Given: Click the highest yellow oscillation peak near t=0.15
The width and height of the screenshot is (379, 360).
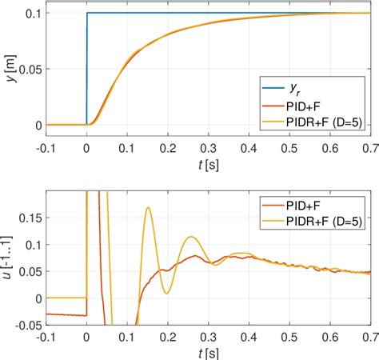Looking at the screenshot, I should point(147,208).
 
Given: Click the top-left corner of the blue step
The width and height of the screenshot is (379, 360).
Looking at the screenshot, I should point(86,13).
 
